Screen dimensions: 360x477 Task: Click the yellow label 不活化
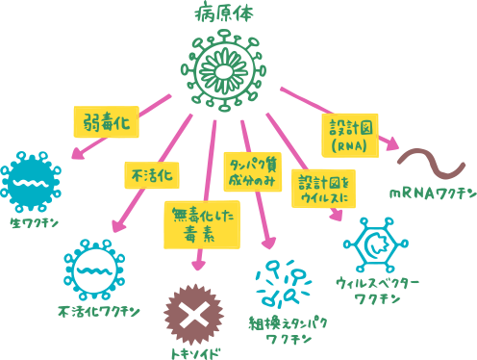tap(151, 175)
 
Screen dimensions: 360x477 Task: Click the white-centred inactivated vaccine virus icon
tap(93, 269)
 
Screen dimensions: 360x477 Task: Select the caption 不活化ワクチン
tap(98, 311)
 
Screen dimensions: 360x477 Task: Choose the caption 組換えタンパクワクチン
tap(288, 329)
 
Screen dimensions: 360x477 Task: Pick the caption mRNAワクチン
tap(432, 193)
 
